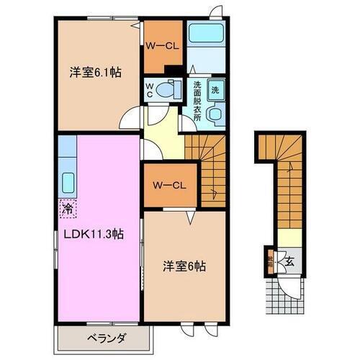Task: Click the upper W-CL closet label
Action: [x=163, y=47]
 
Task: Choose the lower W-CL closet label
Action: [x=170, y=185]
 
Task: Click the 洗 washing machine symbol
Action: [x=215, y=91]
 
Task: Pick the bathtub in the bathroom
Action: [x=206, y=35]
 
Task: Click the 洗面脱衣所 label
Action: [x=197, y=101]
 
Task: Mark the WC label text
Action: [x=150, y=91]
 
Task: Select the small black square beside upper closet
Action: [x=171, y=70]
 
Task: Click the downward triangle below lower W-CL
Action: [x=190, y=215]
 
